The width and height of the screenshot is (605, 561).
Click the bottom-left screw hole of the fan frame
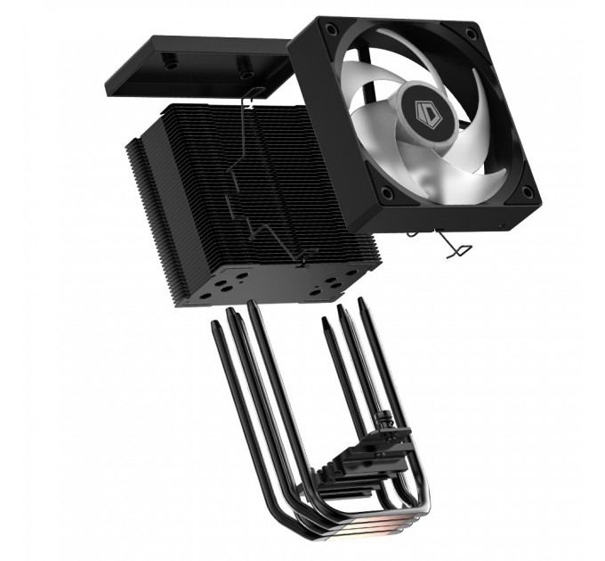click(x=385, y=193)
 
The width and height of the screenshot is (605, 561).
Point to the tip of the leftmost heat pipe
click(x=214, y=329)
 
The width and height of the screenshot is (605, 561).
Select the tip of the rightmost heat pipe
click(x=363, y=304)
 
